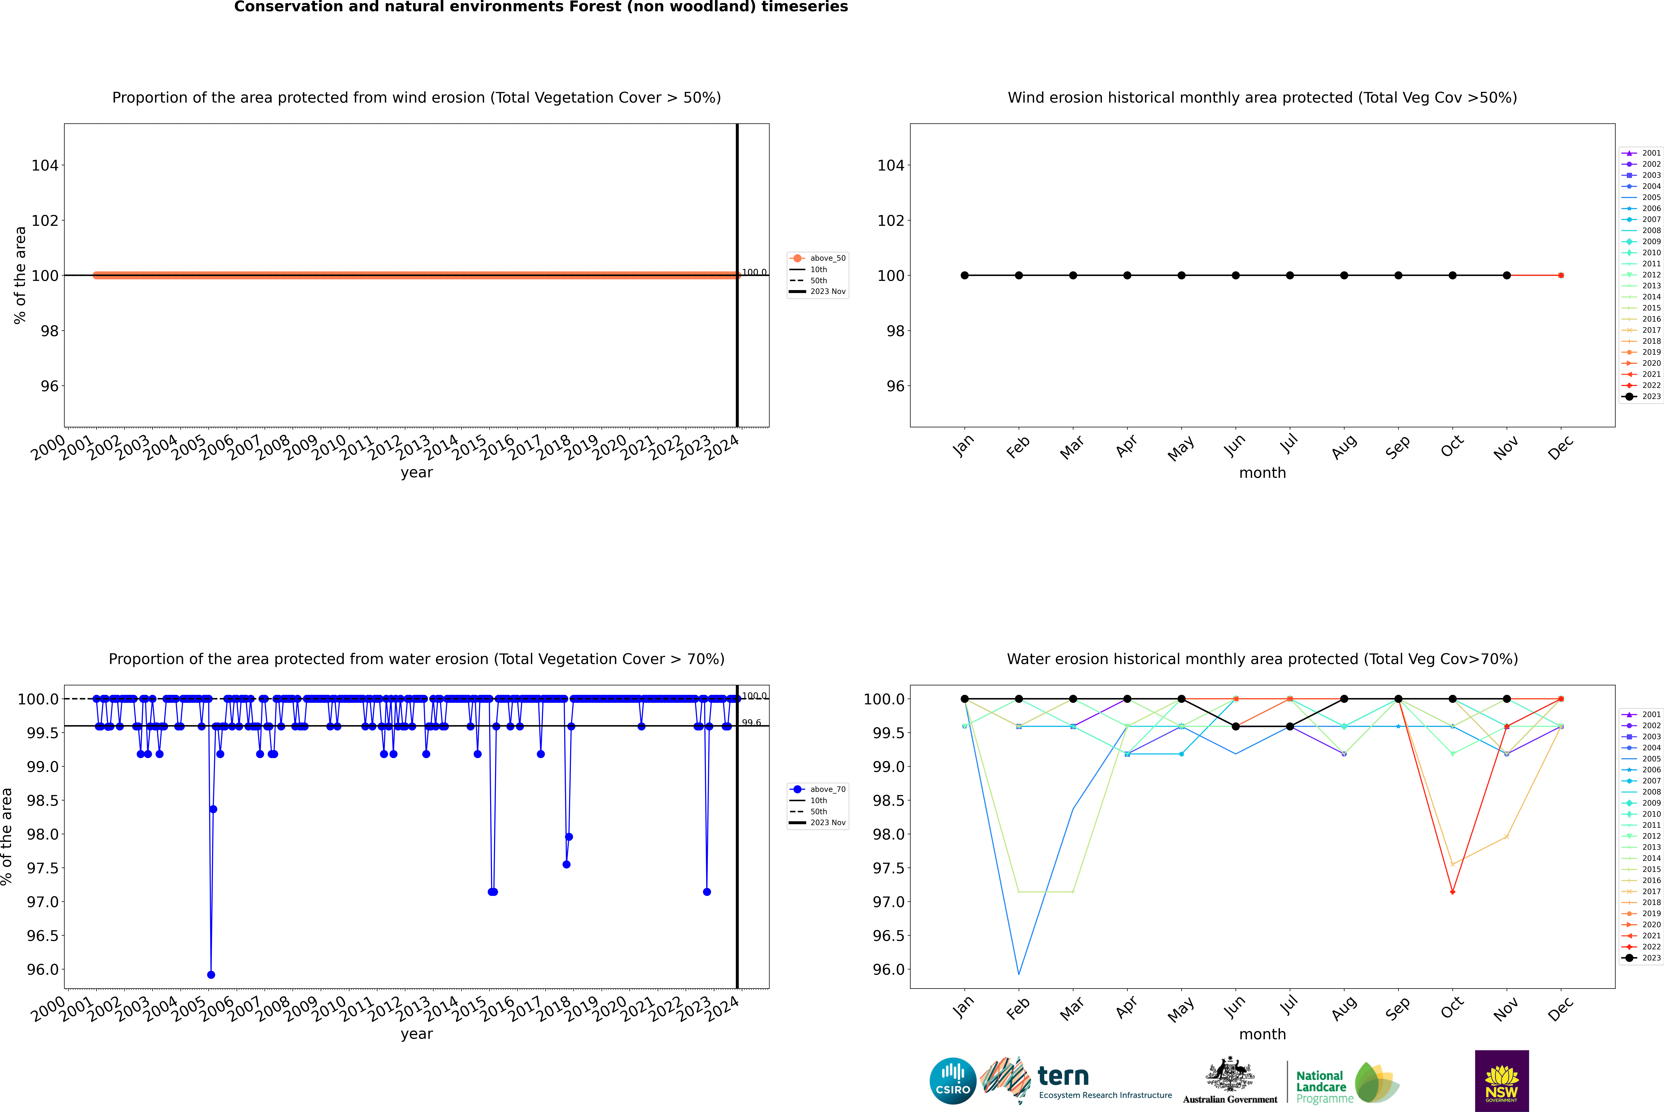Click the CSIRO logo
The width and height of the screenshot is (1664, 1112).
tap(953, 1081)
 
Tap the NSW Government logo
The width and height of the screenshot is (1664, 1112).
tap(1502, 1081)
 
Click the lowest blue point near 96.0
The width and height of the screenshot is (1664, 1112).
tap(211, 974)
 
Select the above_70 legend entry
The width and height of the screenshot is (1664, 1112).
tap(818, 789)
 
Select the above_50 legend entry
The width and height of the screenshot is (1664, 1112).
tap(818, 258)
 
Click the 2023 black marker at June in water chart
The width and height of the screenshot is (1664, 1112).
tap(1236, 726)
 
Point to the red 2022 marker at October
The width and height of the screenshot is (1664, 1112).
tap(1453, 891)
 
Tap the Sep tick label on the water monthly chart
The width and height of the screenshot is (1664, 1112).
tap(1397, 1008)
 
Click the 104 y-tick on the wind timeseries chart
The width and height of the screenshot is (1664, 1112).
tap(45, 165)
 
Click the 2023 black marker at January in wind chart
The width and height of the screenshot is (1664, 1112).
tap(965, 275)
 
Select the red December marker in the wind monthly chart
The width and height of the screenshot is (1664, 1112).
tap(1560, 275)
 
